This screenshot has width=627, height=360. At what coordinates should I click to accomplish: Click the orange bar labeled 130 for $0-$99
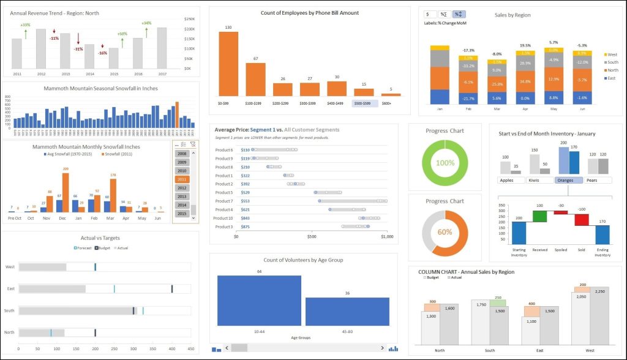pyautogui.click(x=228, y=64)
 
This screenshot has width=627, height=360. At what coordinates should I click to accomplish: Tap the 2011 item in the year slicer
pyautogui.click(x=181, y=179)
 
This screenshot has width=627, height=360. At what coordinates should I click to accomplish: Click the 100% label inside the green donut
pyautogui.click(x=445, y=163)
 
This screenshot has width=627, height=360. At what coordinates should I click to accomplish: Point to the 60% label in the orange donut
pyautogui.click(x=445, y=233)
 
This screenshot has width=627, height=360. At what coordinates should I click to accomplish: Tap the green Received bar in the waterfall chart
pyautogui.click(x=522, y=216)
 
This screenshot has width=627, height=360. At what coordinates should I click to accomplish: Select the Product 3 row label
pyautogui.click(x=225, y=227)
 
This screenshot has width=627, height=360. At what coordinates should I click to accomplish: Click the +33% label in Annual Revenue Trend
pyautogui.click(x=25, y=25)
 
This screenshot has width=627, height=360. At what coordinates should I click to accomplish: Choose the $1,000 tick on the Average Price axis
pyautogui.click(x=387, y=237)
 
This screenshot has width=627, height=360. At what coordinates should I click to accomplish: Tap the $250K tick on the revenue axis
pyautogui.click(x=190, y=19)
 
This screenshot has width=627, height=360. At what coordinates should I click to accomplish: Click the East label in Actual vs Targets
pyautogui.click(x=10, y=288)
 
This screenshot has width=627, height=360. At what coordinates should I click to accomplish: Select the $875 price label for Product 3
pyautogui.click(x=246, y=227)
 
